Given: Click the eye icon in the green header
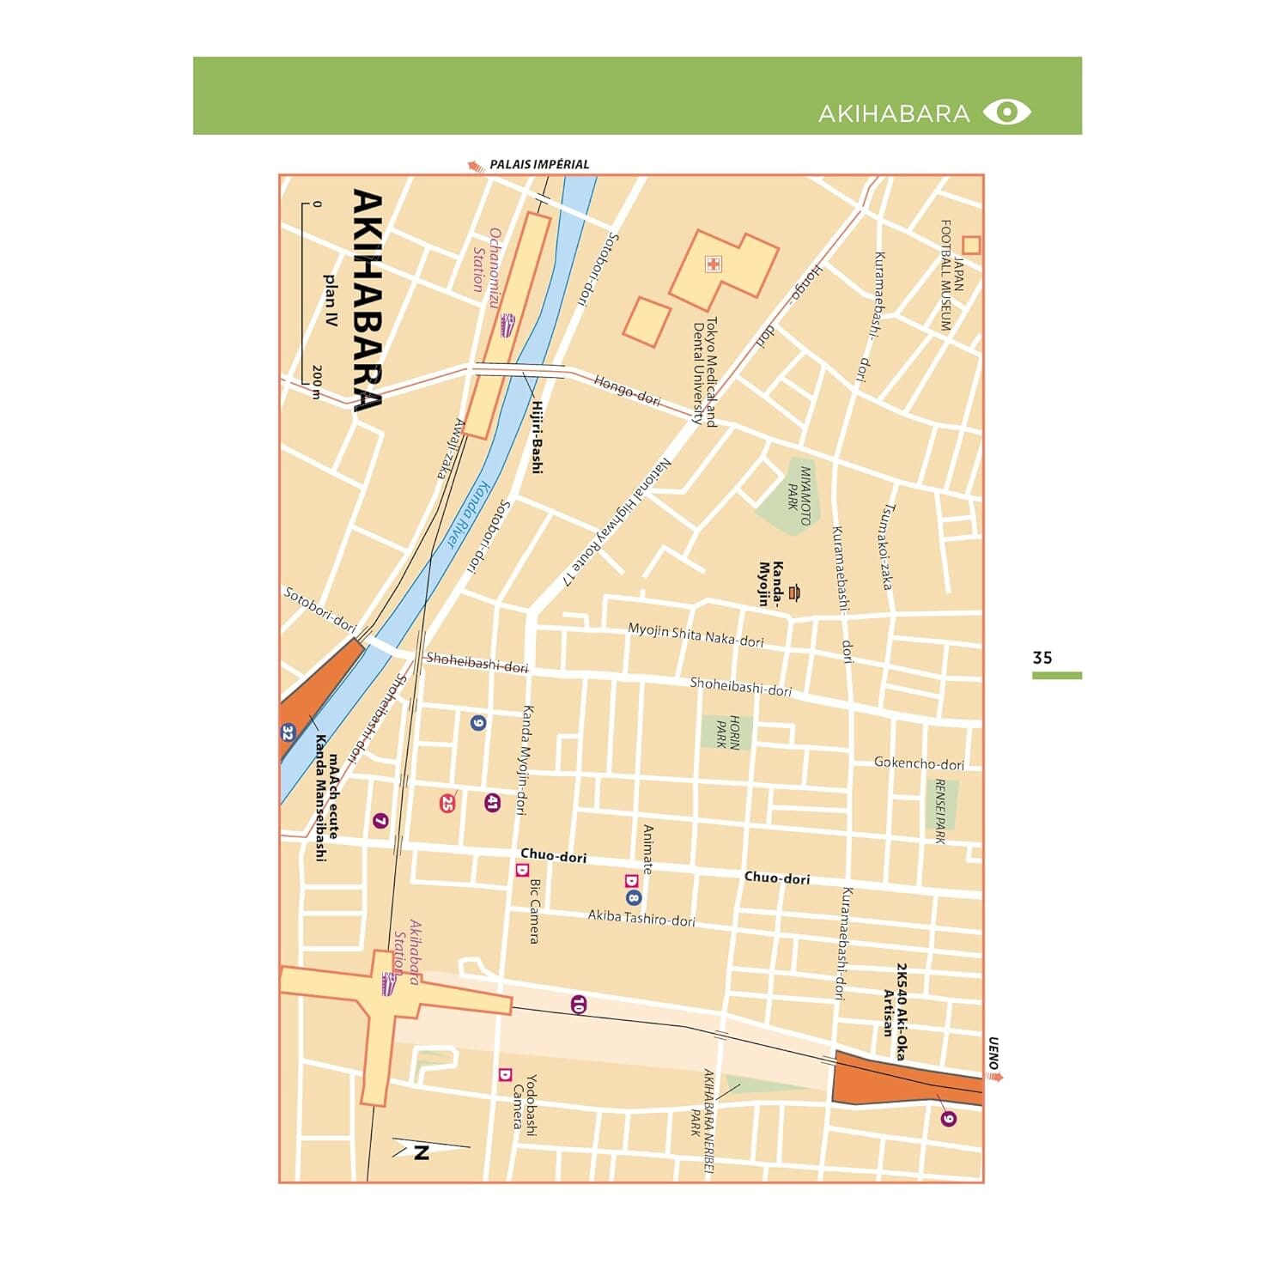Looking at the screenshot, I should (1006, 112).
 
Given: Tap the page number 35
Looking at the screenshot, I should (1042, 658).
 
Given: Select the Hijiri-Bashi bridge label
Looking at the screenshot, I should (537, 437).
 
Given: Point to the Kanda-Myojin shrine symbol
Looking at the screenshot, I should (794, 592).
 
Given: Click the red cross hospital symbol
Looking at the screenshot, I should (713, 264).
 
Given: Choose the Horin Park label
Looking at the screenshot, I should (727, 732).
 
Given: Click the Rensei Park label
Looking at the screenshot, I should (940, 811).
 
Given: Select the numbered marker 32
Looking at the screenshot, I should (288, 733).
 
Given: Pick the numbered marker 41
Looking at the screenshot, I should (492, 803).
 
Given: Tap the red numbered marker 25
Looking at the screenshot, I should (447, 804).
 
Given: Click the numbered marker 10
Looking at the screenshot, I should (578, 1004).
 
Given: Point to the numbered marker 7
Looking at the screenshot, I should (380, 821).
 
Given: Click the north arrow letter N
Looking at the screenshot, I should (421, 1152).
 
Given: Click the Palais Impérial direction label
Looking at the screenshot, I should (538, 164).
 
